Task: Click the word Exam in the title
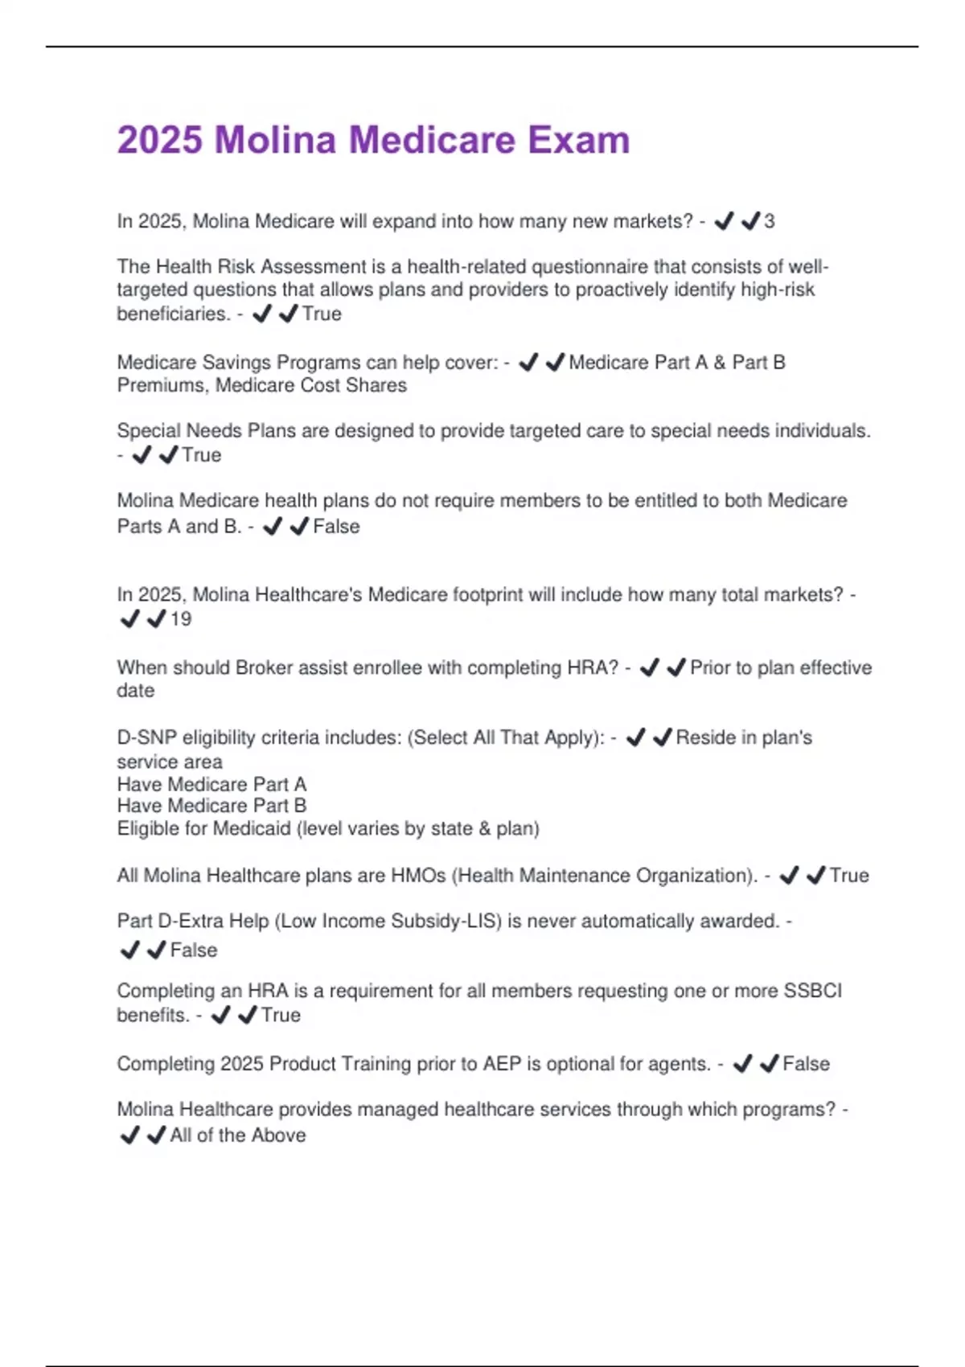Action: click(x=578, y=140)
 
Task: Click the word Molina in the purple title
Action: click(x=275, y=140)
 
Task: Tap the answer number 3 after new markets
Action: click(x=770, y=221)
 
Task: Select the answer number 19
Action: click(x=181, y=619)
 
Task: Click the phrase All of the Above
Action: click(x=238, y=1135)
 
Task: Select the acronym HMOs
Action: click(x=418, y=876)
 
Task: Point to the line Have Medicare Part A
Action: click(x=211, y=784)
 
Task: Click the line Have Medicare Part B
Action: click(x=211, y=806)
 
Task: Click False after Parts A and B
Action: click(x=336, y=527)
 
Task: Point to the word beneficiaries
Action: click(x=173, y=314)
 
